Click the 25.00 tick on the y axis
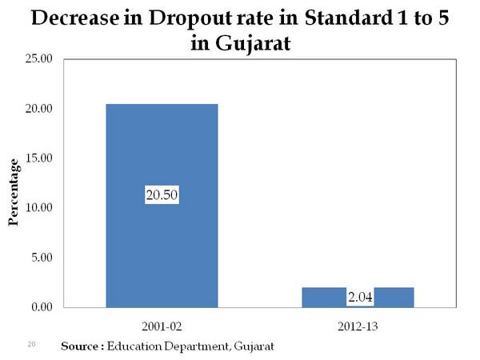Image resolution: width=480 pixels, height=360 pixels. (38, 59)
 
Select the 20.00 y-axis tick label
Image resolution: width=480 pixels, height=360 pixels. (38, 109)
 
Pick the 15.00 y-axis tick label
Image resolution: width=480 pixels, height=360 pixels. (38, 158)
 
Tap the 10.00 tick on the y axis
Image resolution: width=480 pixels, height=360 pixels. (38, 208)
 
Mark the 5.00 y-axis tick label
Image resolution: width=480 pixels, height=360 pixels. (41, 258)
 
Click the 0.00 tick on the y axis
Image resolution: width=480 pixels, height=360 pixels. (41, 307)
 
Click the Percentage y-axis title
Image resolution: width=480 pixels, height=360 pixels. (14, 192)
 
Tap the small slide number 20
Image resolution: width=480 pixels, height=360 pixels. (32, 344)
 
